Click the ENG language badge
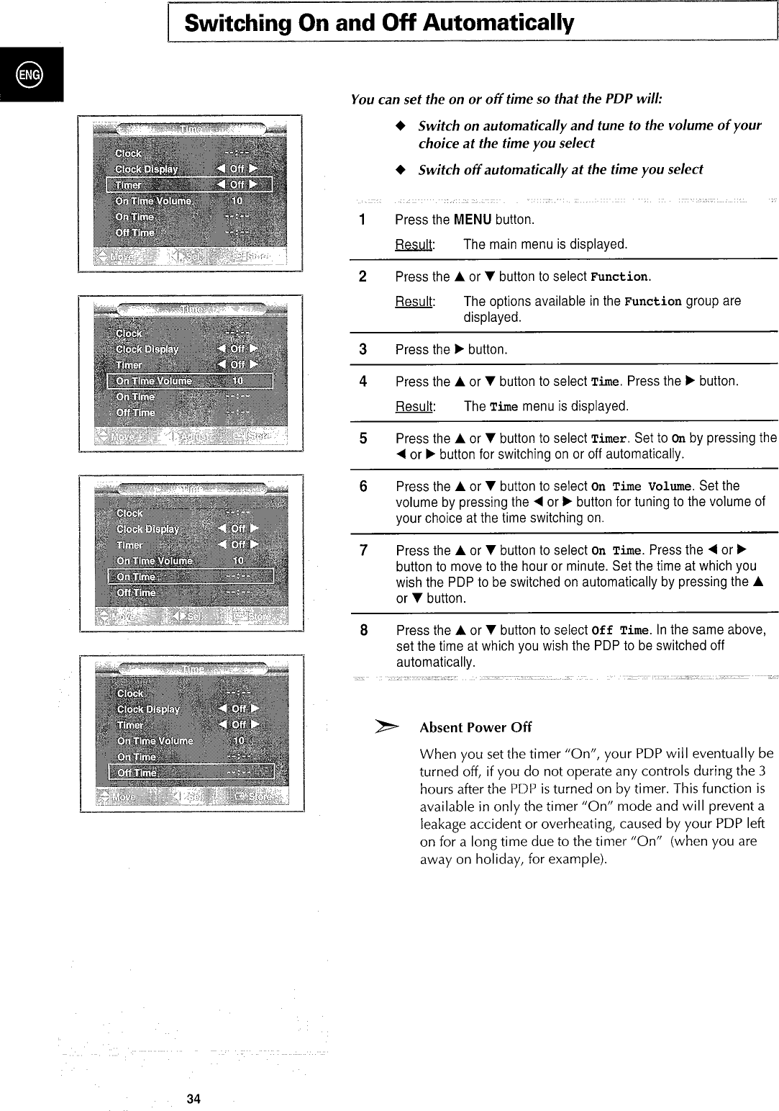[31, 74]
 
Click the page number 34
[193, 1099]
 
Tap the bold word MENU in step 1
[473, 219]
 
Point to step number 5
[363, 438]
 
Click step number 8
[364, 630]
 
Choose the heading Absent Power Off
[475, 727]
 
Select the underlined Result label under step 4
[414, 406]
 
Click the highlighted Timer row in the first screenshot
[190, 184]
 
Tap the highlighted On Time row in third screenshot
[191, 576]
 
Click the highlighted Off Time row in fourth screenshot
[191, 773]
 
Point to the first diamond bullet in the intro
[401, 125]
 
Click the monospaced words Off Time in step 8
[621, 631]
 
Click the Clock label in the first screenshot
[129, 153]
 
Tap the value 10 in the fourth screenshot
[239, 740]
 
